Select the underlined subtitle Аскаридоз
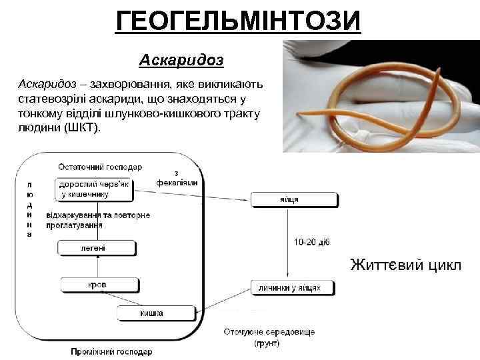pyautogui.click(x=181, y=61)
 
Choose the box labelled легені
pyautogui.click(x=97, y=249)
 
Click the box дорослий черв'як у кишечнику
pyautogui.click(x=93, y=189)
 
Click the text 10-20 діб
pyautogui.click(x=311, y=242)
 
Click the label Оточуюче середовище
pyautogui.click(x=269, y=331)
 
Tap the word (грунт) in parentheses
pyautogui.click(x=267, y=343)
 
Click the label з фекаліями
pyautogui.click(x=176, y=178)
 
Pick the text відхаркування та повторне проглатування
pyautogui.click(x=97, y=220)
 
